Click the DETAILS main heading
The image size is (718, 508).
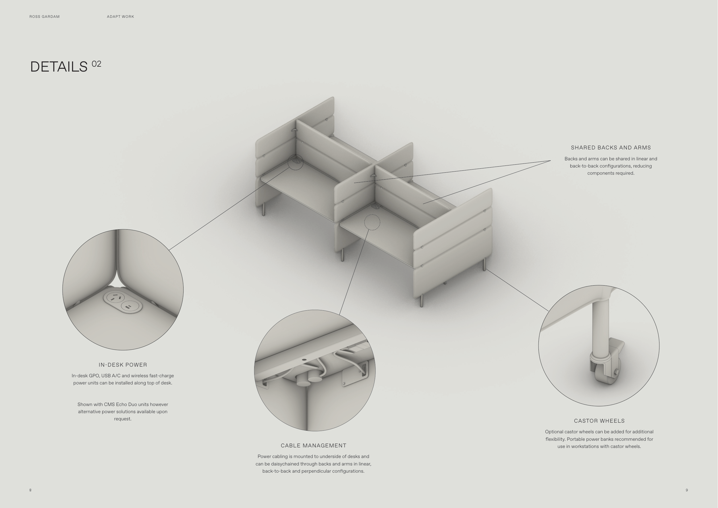coord(59,67)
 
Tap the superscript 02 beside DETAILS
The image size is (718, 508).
coord(96,64)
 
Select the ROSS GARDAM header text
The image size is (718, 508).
coord(45,17)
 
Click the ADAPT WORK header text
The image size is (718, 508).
coord(120,17)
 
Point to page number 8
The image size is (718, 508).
coord(30,490)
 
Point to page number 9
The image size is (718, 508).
coord(687,490)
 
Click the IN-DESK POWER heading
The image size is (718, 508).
coord(123,365)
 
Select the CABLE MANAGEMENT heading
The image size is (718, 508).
coord(314,445)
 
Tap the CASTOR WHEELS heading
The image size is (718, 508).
coord(599,421)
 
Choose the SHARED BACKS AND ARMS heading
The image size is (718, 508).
coord(611,148)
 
